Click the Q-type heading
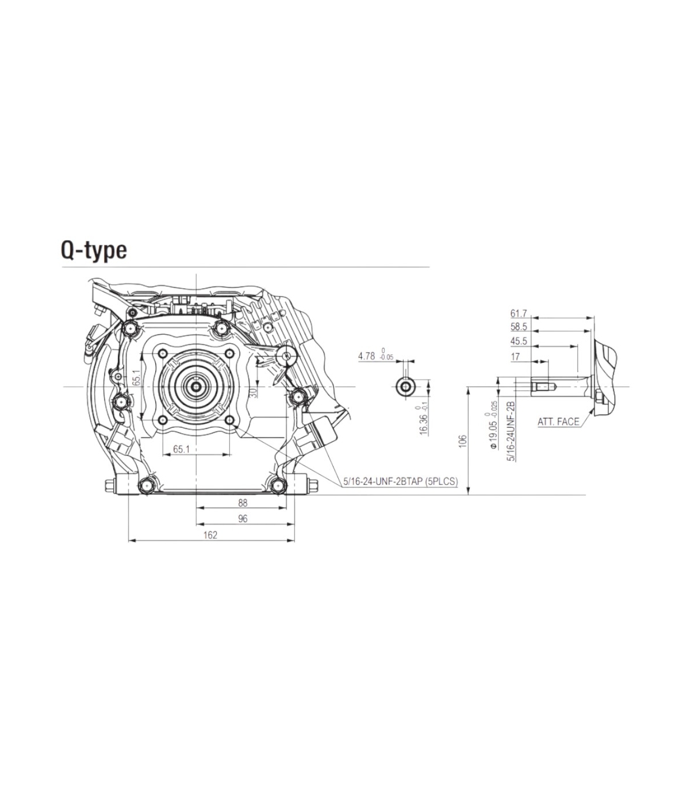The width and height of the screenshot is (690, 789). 94,251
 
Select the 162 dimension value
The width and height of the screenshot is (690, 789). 210,535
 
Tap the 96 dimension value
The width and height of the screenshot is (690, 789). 243,519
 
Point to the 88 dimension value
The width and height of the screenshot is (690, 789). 243,503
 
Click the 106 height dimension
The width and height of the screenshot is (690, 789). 463,441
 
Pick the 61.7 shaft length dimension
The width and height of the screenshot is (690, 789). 519,313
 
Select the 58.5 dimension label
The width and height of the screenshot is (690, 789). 519,327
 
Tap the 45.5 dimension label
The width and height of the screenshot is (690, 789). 519,341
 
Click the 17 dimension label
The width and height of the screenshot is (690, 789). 515,357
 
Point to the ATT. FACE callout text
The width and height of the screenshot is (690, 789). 558,422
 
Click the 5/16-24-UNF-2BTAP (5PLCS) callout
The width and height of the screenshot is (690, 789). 401,481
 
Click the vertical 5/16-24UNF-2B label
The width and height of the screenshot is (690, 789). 512,431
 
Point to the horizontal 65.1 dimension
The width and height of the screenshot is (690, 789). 182,449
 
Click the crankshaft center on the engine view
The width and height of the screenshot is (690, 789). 197,386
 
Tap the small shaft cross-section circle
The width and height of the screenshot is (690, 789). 405,386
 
